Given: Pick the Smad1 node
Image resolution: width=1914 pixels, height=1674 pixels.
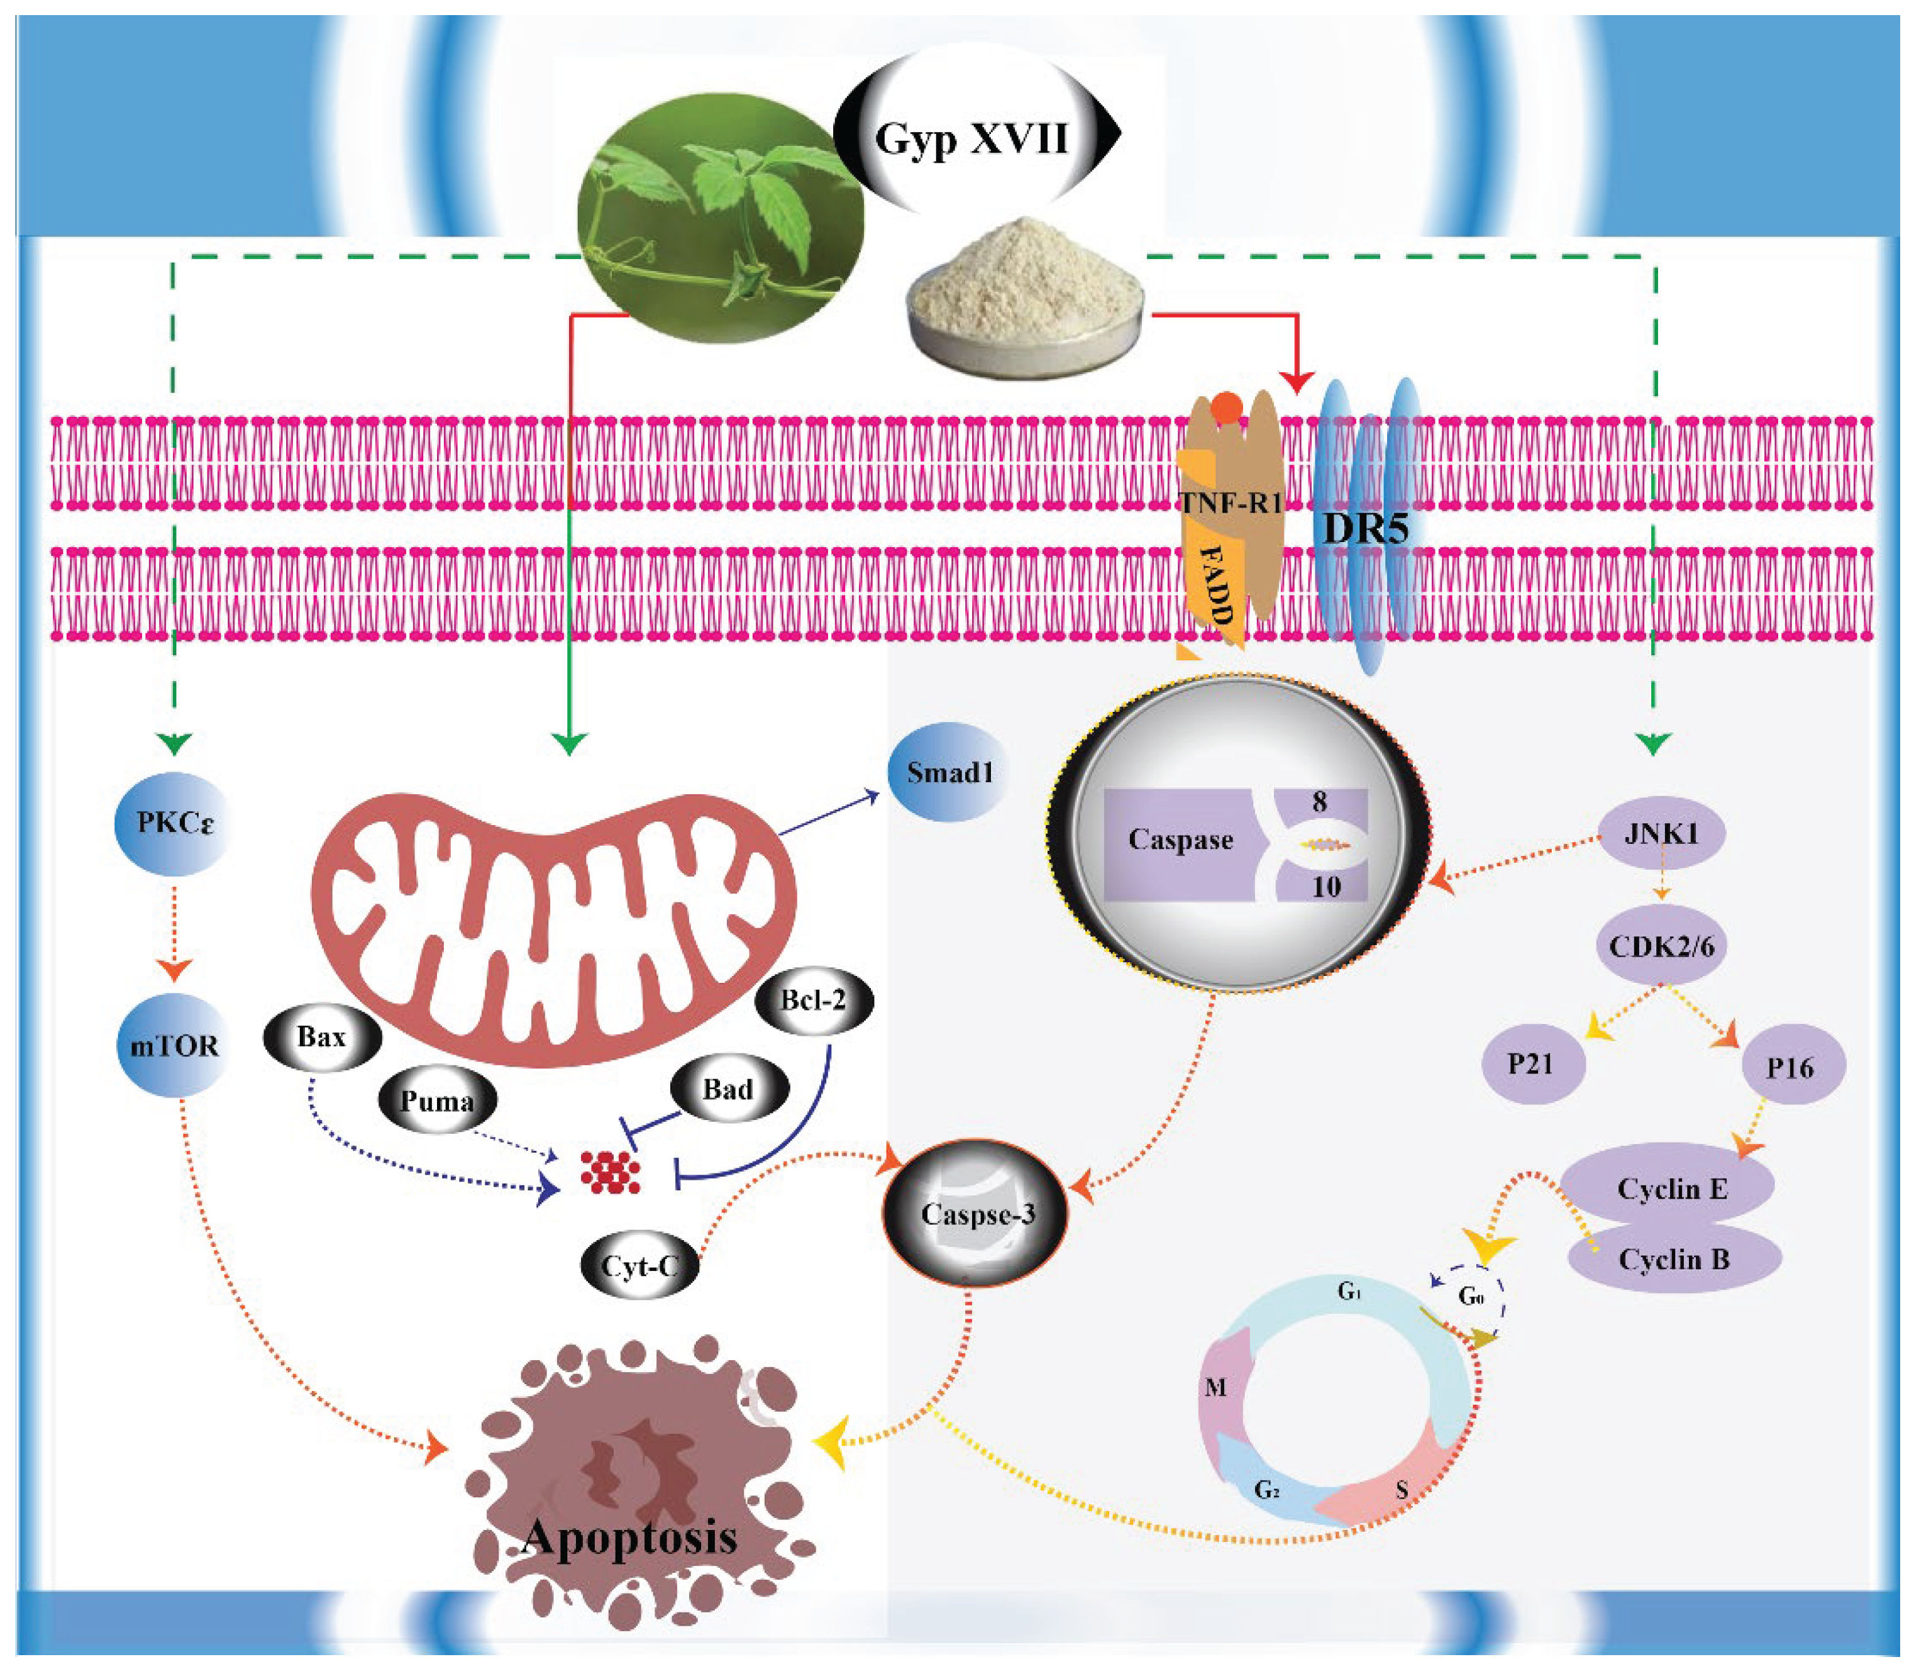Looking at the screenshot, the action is tap(948, 773).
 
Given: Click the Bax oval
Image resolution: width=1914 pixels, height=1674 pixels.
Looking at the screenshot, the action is tap(323, 1037).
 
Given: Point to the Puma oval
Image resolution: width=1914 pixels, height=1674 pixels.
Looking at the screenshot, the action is tap(437, 1101).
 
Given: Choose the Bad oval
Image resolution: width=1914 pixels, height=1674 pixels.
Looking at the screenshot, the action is tap(729, 1089).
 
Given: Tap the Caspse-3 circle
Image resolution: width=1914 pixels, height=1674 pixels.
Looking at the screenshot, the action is tap(976, 1214).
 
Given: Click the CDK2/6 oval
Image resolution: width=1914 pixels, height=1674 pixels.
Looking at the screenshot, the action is tap(1661, 946).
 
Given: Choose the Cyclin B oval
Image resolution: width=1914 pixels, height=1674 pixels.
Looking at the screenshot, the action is tap(1674, 1259).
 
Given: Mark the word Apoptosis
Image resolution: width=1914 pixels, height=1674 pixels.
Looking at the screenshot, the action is tap(631, 1537).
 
